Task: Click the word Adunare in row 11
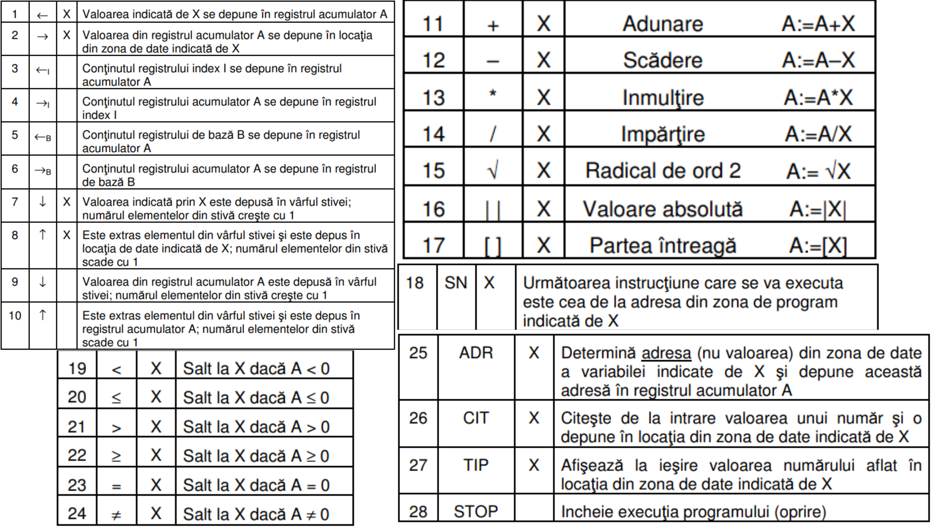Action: coord(663,24)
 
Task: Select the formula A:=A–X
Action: coord(818,60)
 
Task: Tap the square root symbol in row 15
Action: coord(492,171)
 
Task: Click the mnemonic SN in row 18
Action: coord(456,283)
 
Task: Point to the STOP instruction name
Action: coord(476,511)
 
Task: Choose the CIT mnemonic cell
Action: coord(476,418)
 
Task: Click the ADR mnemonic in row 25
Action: coord(476,353)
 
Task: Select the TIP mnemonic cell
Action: coord(476,465)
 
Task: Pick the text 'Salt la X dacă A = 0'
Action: coord(256,485)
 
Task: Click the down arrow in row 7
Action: coord(43,202)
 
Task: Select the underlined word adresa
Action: coord(666,353)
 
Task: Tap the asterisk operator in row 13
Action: coord(492,94)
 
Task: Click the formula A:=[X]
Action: coord(818,246)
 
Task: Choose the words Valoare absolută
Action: coord(663,209)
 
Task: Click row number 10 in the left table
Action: coord(15,316)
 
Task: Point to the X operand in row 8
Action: coord(66,235)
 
